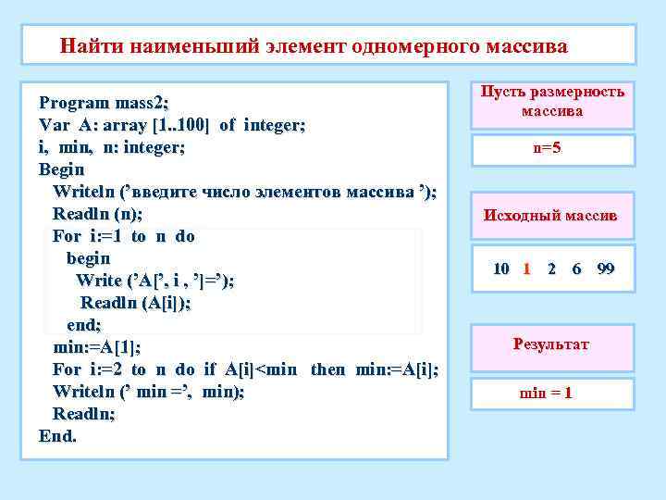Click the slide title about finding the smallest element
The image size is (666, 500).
click(x=314, y=45)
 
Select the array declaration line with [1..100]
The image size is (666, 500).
click(x=172, y=124)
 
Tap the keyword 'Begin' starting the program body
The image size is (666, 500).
click(x=61, y=169)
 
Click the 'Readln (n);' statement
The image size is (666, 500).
click(x=97, y=214)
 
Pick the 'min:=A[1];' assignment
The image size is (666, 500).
click(x=97, y=347)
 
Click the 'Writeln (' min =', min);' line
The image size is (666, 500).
click(x=149, y=392)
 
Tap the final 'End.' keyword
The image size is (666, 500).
click(x=57, y=436)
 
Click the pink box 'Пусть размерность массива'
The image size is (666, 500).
click(x=552, y=102)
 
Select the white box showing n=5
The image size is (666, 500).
click(x=552, y=149)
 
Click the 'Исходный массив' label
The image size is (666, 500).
click(x=551, y=216)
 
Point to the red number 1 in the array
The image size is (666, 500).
click(x=526, y=269)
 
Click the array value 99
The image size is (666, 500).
click(x=606, y=269)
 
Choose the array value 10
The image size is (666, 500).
click(x=500, y=269)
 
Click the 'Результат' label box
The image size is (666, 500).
click(x=551, y=345)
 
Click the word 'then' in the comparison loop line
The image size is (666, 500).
click(x=327, y=369)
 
